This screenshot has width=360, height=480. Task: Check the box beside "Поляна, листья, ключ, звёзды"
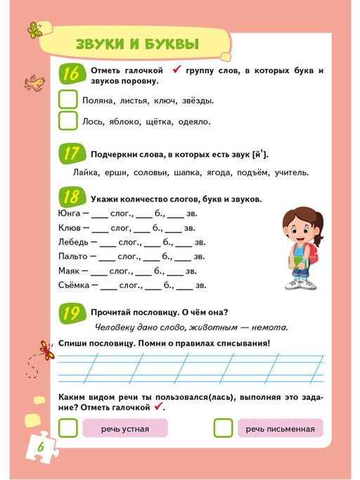68,100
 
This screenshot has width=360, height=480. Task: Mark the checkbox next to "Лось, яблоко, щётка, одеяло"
68,121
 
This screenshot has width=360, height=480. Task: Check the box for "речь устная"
68,428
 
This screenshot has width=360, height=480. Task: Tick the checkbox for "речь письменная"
223,428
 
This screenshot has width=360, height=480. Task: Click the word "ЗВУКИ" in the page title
103,45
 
